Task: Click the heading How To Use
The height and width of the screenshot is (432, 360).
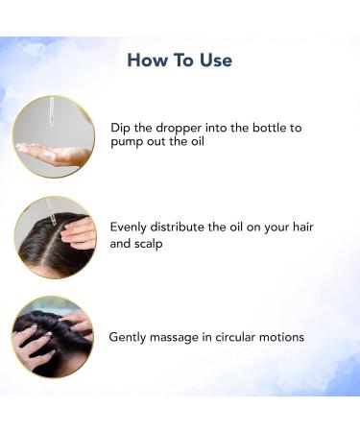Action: coord(180,60)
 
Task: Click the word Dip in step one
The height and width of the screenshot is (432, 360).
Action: coord(120,125)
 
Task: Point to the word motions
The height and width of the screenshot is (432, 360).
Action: coord(287,337)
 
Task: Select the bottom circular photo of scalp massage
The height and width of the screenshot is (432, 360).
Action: coord(54,335)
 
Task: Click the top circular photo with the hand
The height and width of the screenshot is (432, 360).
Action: coord(54,135)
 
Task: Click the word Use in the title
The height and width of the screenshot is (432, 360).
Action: coord(213,60)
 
